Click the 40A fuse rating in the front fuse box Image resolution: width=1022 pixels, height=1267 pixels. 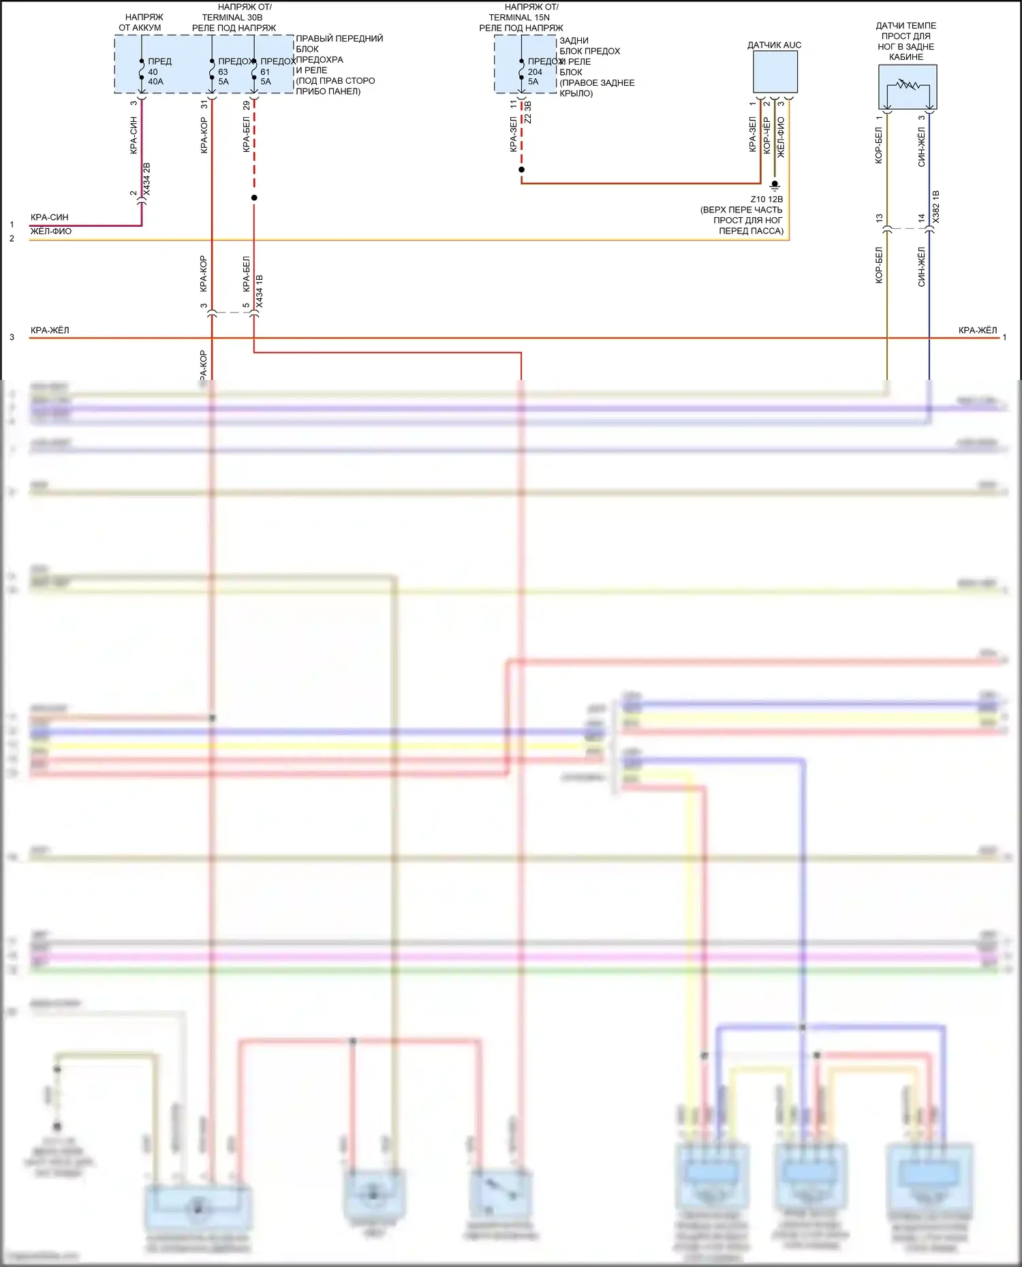(x=155, y=82)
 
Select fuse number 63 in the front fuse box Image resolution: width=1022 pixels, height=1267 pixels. (x=223, y=71)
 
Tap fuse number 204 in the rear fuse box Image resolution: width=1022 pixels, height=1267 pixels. (x=535, y=71)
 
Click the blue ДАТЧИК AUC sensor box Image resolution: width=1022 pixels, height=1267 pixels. (x=775, y=72)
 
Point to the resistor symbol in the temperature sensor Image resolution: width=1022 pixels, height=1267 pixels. (x=908, y=86)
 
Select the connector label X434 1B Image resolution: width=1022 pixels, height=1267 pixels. (x=259, y=291)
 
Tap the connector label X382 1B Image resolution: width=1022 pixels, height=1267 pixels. (x=935, y=207)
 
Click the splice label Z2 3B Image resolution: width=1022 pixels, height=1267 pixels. (x=528, y=113)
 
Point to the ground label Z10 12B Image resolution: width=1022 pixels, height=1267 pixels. (x=766, y=199)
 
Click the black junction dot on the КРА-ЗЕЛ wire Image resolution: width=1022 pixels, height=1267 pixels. (x=521, y=170)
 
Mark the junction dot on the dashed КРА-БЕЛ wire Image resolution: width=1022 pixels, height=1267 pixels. (x=254, y=198)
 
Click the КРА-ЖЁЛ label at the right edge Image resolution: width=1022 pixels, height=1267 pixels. (x=977, y=330)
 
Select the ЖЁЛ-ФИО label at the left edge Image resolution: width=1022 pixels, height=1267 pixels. (x=51, y=231)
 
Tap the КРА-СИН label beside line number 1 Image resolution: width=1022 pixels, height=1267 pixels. (x=49, y=217)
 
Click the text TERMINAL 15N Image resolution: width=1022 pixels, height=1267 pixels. (x=519, y=18)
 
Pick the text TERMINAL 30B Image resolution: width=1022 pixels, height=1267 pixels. (x=232, y=18)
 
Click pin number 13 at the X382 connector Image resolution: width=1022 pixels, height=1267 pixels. (x=879, y=219)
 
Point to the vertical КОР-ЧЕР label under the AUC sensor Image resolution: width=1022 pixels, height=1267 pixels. (x=766, y=135)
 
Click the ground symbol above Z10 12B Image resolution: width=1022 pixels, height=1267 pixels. (x=775, y=185)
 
